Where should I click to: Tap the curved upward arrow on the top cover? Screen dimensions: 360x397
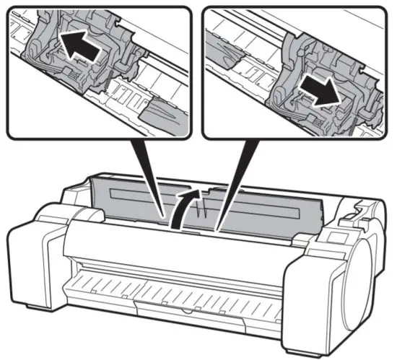pos(186,206)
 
